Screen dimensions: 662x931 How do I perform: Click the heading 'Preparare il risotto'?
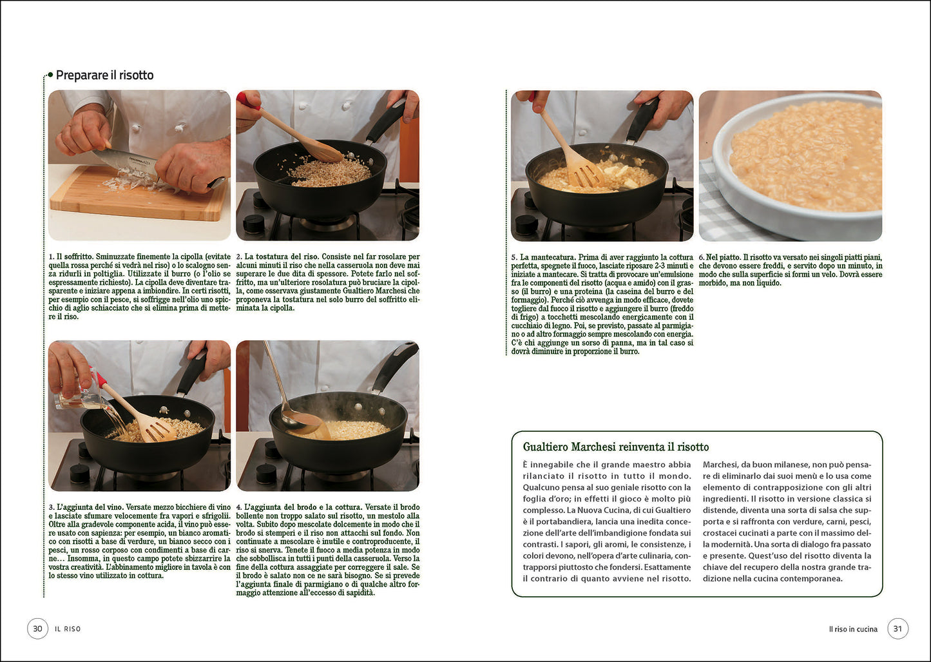[x=104, y=75]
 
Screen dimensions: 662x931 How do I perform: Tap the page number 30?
[x=37, y=628]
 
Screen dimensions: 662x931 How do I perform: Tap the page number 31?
[x=897, y=628]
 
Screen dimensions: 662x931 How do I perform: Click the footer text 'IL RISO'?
[x=68, y=629]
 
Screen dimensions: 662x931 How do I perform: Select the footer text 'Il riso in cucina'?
[x=853, y=629]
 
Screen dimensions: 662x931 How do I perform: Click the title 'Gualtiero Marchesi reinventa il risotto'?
[x=615, y=447]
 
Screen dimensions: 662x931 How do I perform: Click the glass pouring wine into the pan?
[x=81, y=400]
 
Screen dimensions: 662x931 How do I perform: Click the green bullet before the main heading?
[x=50, y=75]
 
